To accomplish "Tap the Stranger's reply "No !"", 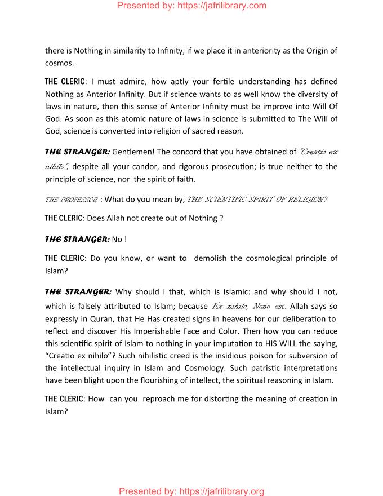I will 119,239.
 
